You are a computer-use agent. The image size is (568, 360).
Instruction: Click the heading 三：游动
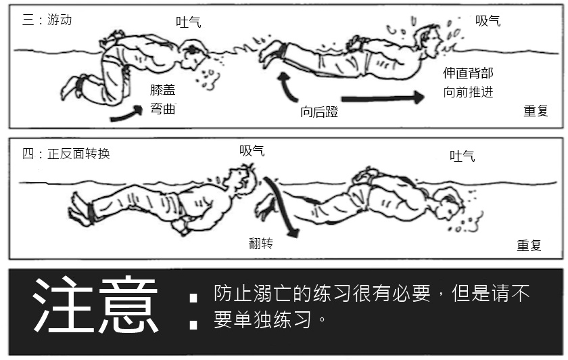pyautogui.click(x=47, y=19)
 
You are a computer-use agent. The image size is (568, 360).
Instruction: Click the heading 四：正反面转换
pyautogui.click(x=66, y=154)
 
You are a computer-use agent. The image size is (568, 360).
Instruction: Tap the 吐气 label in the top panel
pyautogui.click(x=189, y=22)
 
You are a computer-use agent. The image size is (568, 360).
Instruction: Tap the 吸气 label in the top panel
pyautogui.click(x=488, y=21)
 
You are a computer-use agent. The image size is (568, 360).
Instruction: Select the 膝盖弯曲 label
pyautogui.click(x=163, y=99)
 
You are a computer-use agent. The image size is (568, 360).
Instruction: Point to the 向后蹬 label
pyautogui.click(x=319, y=112)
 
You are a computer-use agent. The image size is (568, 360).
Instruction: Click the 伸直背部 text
pyautogui.click(x=468, y=73)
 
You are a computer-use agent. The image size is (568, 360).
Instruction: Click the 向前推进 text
pyautogui.click(x=468, y=92)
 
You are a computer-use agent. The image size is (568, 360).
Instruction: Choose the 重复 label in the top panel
pyautogui.click(x=536, y=110)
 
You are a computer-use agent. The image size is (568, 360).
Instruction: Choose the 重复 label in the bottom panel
pyautogui.click(x=529, y=246)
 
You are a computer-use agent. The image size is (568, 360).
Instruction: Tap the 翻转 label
pyautogui.click(x=261, y=243)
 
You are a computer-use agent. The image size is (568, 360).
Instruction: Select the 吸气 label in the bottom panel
pyautogui.click(x=252, y=150)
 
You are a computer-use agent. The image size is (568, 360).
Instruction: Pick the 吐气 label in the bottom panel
pyautogui.click(x=463, y=156)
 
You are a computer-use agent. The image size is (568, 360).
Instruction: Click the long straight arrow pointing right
pyautogui.click(x=383, y=97)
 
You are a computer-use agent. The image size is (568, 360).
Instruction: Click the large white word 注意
pyautogui.click(x=96, y=305)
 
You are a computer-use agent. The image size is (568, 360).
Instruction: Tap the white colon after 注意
pyautogui.click(x=193, y=311)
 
